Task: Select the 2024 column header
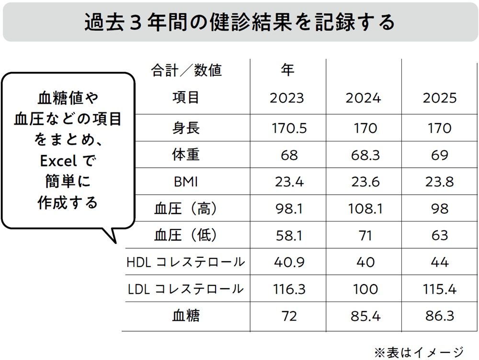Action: pyautogui.click(x=363, y=98)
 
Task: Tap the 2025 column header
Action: pyautogui.click(x=439, y=98)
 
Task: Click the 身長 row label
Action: pyautogui.click(x=186, y=128)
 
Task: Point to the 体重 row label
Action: pyautogui.click(x=186, y=155)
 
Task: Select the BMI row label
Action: pyautogui.click(x=186, y=182)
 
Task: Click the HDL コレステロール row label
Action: pyautogui.click(x=186, y=262)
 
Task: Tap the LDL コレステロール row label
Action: pyautogui.click(x=186, y=289)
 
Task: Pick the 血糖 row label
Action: pyautogui.click(x=186, y=315)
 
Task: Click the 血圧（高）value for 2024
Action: pyautogui.click(x=363, y=209)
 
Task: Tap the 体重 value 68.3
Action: pyautogui.click(x=363, y=155)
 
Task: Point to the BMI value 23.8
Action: pyautogui.click(x=439, y=182)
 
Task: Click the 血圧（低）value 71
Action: pyautogui.click(x=363, y=235)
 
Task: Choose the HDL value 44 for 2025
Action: pyautogui.click(x=439, y=262)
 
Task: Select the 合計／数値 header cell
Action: pyautogui.click(x=186, y=71)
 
